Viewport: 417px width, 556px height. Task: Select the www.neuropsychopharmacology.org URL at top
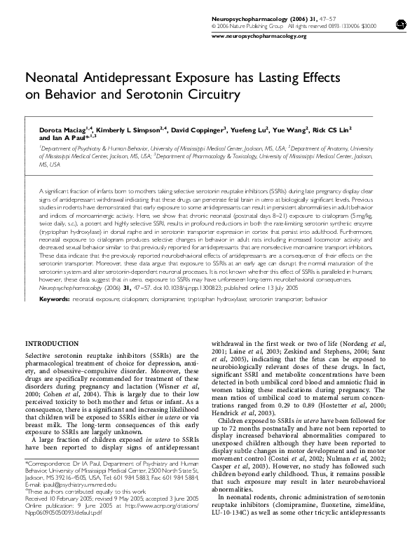(259, 35)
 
